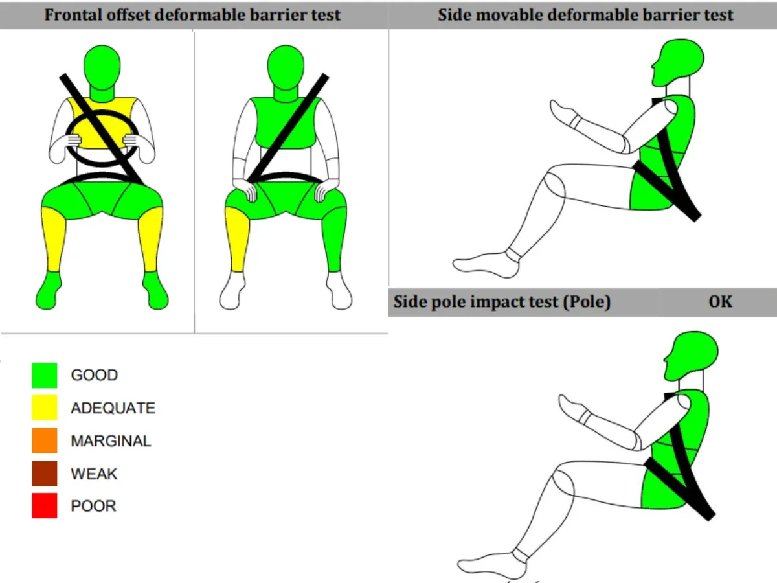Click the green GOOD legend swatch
45,375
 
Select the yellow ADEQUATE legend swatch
45,408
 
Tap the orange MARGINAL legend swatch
45,440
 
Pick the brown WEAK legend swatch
45,474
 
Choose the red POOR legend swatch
45,505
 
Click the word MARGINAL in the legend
111,441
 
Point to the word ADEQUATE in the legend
113,408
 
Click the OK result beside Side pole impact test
721,302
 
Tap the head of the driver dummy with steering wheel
102,67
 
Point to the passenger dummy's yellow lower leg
236,240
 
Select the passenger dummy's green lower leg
334,240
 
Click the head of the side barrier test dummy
678,63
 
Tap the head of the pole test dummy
692,356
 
